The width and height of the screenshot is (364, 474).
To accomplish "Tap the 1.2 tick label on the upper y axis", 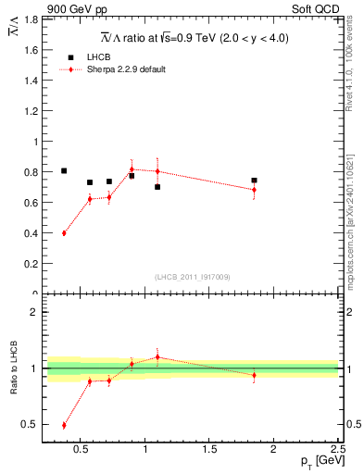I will (x=30, y=111).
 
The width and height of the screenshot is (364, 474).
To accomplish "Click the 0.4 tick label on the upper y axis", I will (x=30, y=233).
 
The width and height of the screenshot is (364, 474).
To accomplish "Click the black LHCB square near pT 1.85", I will (x=254, y=181).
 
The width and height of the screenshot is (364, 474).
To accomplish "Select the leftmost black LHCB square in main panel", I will (x=64, y=170).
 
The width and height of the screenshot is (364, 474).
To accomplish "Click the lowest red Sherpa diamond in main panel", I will (x=64, y=233).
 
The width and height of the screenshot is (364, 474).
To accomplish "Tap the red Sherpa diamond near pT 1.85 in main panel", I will (x=254, y=190).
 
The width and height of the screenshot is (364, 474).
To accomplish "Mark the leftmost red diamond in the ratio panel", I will (x=64, y=425).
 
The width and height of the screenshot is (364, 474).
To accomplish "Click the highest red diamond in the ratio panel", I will (x=157, y=356).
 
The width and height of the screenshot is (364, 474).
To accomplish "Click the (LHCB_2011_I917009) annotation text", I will (x=192, y=277).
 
